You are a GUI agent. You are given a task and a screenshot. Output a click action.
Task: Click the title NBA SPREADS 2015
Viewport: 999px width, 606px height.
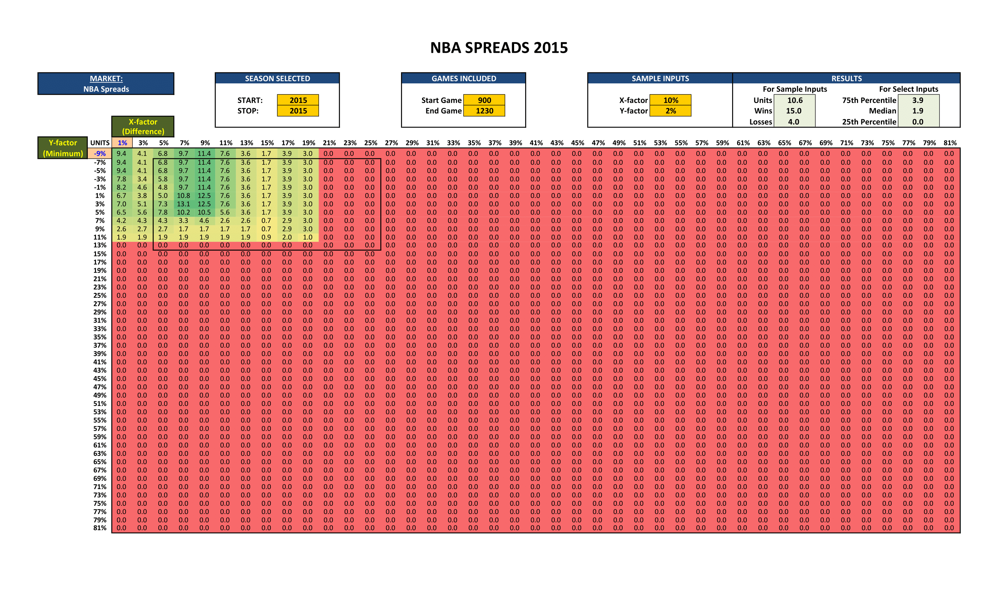point(499,48)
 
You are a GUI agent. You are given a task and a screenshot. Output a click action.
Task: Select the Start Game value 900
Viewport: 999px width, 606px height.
point(484,100)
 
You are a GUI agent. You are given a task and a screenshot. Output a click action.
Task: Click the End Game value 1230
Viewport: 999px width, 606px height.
point(484,111)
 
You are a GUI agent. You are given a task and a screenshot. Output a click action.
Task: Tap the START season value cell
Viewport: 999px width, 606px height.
point(298,100)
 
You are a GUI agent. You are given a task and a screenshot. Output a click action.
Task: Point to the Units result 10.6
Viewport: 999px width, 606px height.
point(794,100)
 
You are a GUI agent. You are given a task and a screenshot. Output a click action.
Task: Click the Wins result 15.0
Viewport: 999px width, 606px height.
point(793,111)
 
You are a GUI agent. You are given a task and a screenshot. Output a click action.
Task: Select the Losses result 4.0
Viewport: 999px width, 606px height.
point(793,122)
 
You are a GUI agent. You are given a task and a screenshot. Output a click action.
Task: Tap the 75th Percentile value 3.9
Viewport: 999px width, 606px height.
point(918,100)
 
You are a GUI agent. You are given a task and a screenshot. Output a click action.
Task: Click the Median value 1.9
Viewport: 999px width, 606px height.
point(918,111)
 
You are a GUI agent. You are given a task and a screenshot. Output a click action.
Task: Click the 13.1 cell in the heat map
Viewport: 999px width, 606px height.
point(183,204)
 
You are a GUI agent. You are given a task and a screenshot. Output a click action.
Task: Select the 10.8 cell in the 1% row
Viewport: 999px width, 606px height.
point(183,196)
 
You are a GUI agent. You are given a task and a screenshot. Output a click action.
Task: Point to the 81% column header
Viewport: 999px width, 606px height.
point(950,143)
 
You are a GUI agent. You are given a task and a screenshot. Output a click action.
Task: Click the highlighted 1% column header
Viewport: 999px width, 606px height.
point(122,143)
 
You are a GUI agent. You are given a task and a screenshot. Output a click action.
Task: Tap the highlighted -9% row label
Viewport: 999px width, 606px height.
point(100,154)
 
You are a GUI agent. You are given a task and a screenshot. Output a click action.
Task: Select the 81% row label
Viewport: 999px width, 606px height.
point(100,528)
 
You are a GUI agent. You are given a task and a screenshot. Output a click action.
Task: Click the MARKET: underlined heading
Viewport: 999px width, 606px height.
point(106,78)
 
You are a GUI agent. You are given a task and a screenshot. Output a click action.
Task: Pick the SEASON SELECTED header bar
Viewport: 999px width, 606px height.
point(277,78)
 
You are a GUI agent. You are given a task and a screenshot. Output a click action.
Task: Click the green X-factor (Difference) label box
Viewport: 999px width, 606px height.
point(143,127)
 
